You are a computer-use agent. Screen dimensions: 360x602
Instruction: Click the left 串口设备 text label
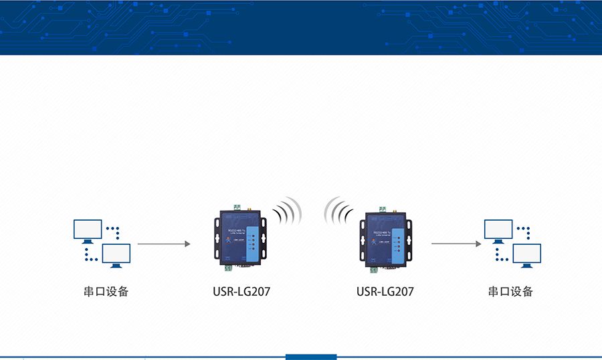pos(106,292)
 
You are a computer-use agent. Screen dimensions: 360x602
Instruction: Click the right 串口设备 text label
pos(511,292)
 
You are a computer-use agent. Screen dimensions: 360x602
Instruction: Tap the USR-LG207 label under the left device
pos(241,292)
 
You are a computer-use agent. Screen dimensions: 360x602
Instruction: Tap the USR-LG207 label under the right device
pos(385,292)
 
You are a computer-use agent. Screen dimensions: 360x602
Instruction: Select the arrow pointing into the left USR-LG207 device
pos(164,244)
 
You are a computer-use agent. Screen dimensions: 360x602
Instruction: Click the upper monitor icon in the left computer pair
pos(88,230)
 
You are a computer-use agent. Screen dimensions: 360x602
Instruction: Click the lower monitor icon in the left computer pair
pos(116,255)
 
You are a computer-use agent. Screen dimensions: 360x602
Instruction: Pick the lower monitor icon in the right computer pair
pos(526,255)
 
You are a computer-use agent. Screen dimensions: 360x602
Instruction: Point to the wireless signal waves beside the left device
pos(288,211)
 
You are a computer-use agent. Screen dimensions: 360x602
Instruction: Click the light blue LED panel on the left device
pos(253,240)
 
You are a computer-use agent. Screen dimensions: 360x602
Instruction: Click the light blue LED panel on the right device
pos(397,243)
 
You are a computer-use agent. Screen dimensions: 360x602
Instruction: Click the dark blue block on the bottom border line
pos(310,357)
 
